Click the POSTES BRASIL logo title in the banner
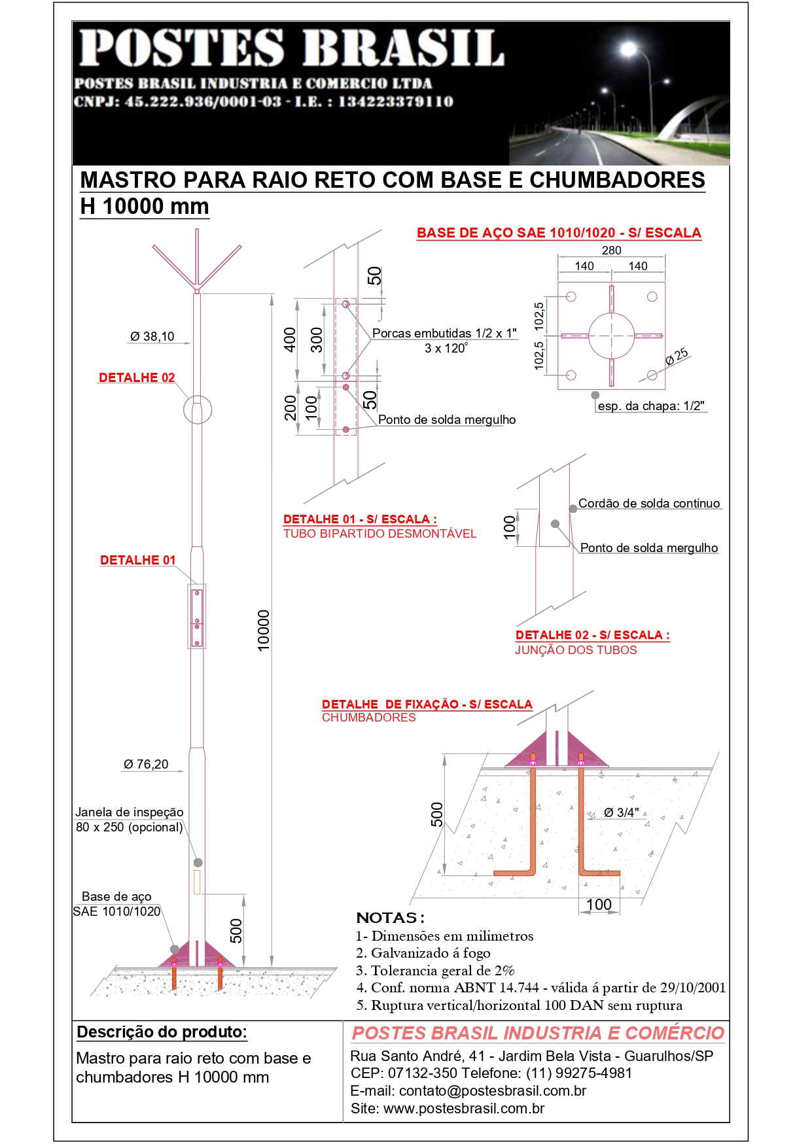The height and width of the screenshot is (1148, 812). [292, 48]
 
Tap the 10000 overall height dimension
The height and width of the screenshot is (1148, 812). [263, 630]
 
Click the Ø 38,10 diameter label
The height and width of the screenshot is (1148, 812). [152, 337]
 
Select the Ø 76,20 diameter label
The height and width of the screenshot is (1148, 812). [146, 764]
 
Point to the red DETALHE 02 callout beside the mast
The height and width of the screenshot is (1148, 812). [137, 378]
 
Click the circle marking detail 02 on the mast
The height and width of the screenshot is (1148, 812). [198, 409]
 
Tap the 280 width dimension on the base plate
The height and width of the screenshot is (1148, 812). [611, 251]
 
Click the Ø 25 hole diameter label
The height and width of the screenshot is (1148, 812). [677, 357]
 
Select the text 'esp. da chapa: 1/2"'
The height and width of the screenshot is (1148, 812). [651, 406]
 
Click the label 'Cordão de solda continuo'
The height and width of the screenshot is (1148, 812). [649, 504]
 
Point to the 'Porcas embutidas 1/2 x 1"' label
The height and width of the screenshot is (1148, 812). [444, 334]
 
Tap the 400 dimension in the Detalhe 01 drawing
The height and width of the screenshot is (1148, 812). [290, 340]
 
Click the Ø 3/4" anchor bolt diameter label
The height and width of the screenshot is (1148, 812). [621, 813]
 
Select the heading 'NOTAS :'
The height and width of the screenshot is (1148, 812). [390, 918]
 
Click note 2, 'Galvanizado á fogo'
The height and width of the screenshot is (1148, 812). [423, 953]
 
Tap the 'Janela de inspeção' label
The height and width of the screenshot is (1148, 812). [129, 812]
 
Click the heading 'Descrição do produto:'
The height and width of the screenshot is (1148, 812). [162, 1032]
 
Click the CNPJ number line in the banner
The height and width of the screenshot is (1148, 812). [264, 102]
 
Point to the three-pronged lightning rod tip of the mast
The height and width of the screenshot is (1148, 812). [197, 262]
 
